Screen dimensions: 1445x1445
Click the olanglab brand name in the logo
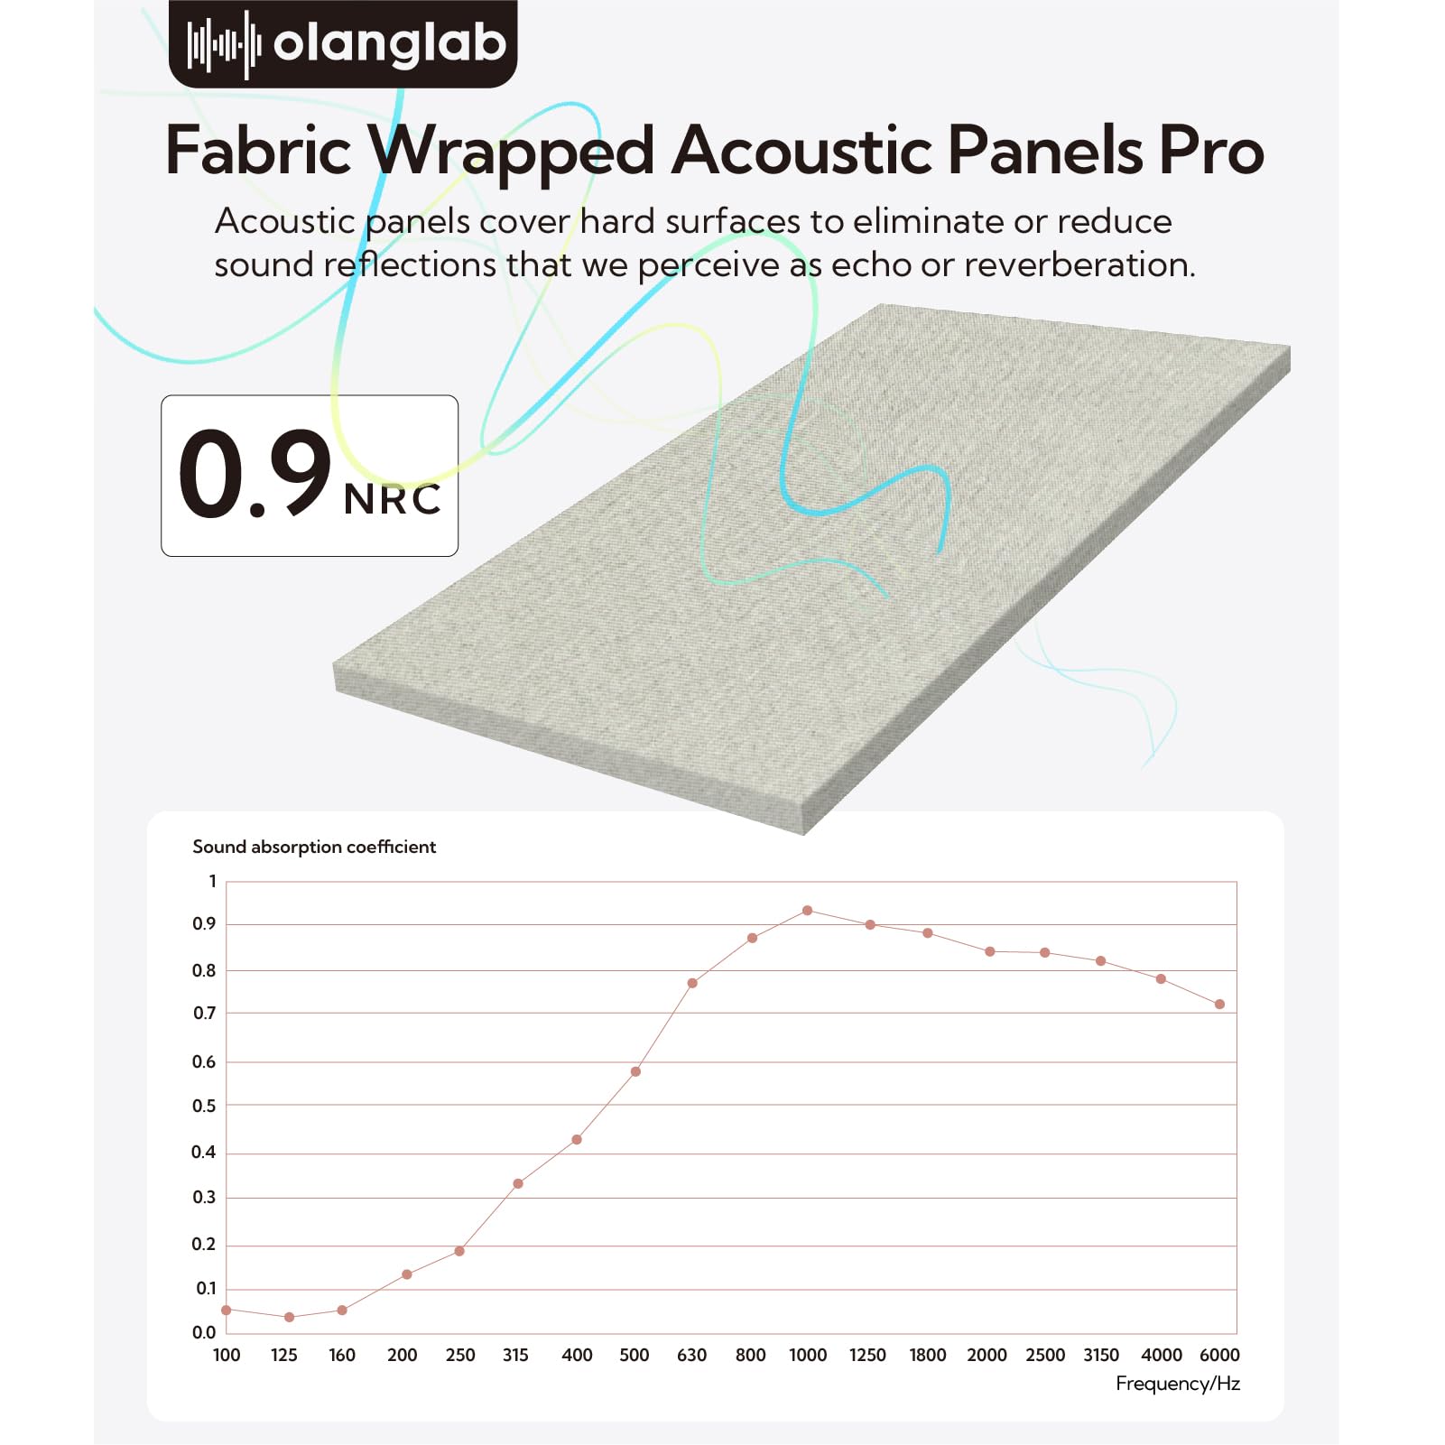389,43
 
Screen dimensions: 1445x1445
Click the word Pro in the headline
1211,151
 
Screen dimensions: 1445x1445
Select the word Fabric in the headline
258,151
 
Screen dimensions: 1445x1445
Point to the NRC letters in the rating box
393,499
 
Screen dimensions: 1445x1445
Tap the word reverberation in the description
1079,264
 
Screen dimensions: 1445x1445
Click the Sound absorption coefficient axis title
314,847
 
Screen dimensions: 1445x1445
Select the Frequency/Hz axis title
1177,1384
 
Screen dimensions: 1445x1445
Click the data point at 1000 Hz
807,911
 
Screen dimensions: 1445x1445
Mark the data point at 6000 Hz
1219,1005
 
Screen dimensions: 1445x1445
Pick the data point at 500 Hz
635,1071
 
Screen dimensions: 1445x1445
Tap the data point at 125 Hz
289,1318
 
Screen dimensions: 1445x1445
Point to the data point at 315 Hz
518,1183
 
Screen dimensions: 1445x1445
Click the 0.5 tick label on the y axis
204,1107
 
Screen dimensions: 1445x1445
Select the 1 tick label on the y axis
213,882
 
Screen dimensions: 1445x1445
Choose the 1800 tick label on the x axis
927,1355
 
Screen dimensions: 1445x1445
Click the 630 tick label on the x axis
691,1355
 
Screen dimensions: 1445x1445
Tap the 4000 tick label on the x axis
1161,1355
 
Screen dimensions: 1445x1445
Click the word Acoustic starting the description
284,221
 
